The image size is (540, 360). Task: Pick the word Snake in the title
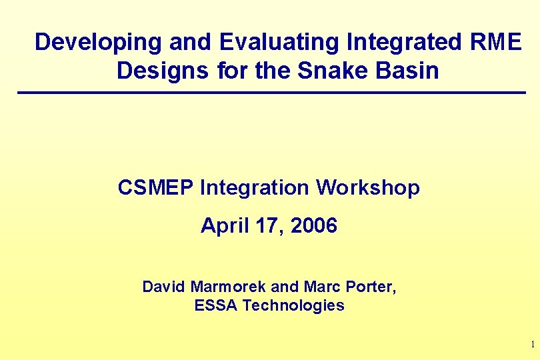[x=329, y=69]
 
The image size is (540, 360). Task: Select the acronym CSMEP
[x=155, y=188]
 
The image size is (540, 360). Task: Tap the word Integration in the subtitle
[x=255, y=188]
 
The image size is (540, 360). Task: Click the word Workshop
[x=368, y=188]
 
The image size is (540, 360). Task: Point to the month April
[x=225, y=226]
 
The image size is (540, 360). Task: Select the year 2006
[x=313, y=226]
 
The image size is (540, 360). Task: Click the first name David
[x=164, y=287]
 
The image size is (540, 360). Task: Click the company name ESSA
[x=216, y=305]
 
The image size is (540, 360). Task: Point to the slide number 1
[x=532, y=345]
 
